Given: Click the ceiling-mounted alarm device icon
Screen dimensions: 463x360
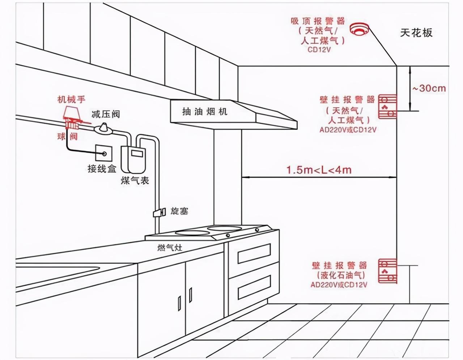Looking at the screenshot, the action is [x=359, y=29].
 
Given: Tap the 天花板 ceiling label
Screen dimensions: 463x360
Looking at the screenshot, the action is [x=416, y=33].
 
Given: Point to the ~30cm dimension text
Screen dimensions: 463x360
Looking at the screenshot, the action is [x=429, y=88].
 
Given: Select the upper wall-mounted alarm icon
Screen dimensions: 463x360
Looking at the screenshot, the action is [x=387, y=106].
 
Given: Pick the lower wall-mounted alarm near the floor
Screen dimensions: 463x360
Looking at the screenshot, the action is [x=387, y=271].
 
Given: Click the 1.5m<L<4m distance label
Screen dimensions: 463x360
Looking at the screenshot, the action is [x=319, y=170].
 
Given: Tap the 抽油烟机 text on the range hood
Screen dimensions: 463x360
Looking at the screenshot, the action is [x=205, y=111].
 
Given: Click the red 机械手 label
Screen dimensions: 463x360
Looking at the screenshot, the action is [x=72, y=99].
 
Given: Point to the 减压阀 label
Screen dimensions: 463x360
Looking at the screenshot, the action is [x=106, y=114].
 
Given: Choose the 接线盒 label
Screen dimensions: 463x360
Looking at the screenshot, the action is [x=102, y=168].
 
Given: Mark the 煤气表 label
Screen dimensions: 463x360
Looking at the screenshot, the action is [x=135, y=180].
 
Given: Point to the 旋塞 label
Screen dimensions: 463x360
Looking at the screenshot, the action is [x=179, y=211].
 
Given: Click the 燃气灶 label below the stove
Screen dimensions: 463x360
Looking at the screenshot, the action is [x=170, y=248].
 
